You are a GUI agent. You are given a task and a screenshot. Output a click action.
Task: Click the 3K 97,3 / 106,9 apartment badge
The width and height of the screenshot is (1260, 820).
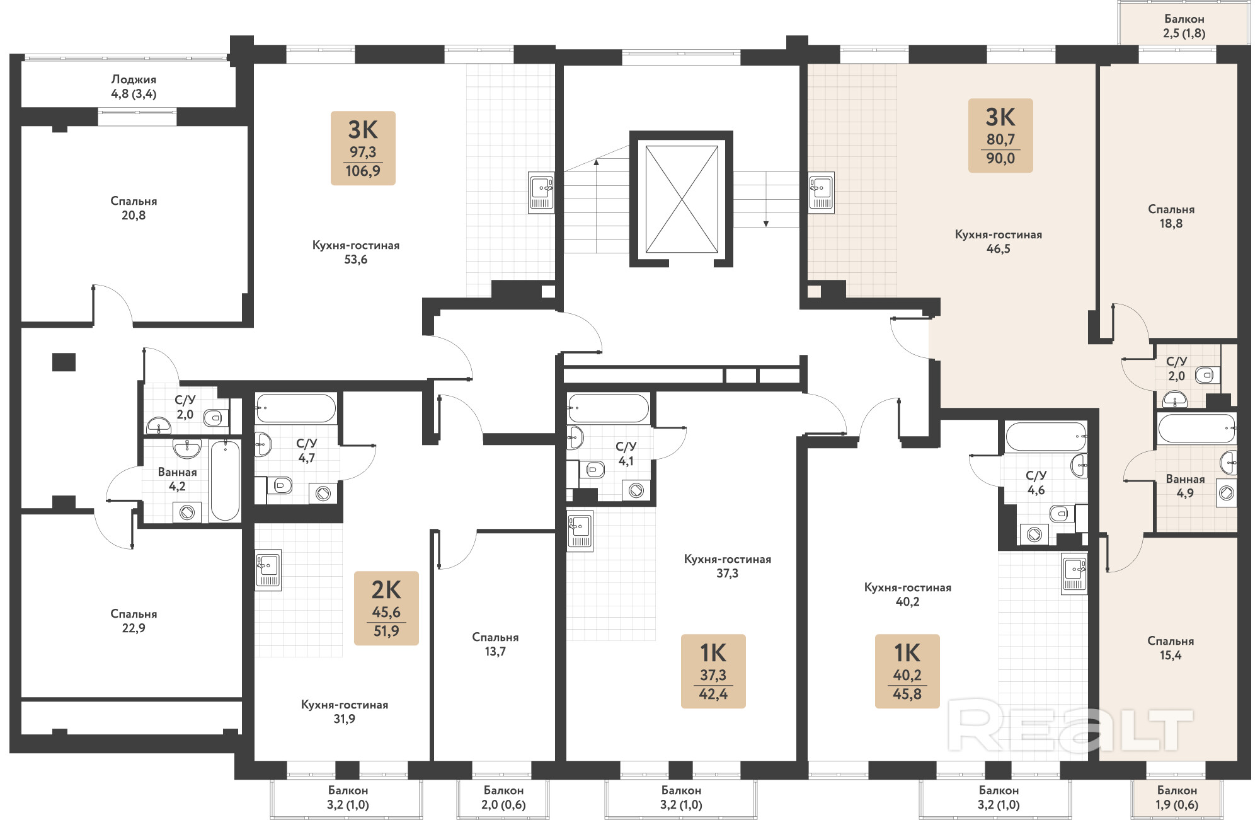tap(363, 148)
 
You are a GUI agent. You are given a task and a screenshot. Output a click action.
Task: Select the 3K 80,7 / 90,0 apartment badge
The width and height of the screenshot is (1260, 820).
tap(1000, 136)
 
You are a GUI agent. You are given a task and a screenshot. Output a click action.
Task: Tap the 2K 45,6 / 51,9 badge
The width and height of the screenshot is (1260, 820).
tap(386, 608)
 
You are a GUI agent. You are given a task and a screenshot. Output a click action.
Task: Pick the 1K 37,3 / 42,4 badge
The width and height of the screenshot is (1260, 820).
tap(713, 671)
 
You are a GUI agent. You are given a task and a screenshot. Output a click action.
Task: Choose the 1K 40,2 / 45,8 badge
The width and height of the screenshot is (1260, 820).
tap(907, 671)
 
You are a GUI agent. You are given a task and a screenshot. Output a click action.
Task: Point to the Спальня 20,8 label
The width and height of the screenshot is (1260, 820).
tap(134, 208)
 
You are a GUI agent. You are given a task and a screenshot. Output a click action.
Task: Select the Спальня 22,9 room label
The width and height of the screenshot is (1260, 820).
tap(134, 621)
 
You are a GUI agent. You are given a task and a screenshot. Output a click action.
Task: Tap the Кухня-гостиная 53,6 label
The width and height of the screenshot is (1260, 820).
tap(356, 252)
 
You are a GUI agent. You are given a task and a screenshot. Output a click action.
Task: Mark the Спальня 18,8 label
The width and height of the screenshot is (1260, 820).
tap(1171, 216)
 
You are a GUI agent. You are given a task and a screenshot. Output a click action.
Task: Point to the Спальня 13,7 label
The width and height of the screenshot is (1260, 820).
tap(495, 644)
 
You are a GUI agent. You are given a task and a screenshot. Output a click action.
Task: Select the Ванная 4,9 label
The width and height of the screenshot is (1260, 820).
tap(1185, 486)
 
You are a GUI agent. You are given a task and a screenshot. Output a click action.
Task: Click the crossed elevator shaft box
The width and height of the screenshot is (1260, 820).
tap(682, 199)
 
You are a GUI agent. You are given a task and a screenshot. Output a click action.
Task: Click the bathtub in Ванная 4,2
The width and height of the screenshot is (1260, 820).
tap(225, 480)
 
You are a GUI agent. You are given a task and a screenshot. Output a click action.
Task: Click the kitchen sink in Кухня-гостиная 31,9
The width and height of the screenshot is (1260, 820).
tap(268, 570)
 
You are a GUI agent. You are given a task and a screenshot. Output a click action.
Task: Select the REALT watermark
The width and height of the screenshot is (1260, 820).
tap(1070, 729)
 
